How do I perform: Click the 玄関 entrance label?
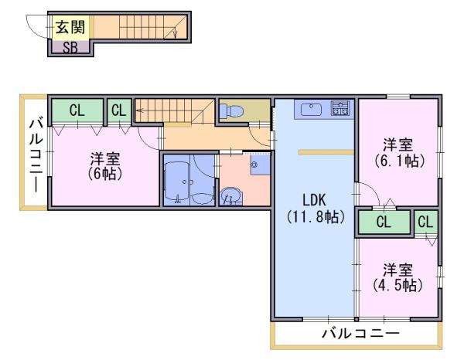point(70,27)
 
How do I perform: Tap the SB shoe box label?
point(70,47)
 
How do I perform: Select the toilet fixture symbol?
point(232,110)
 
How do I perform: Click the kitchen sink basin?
point(312,110)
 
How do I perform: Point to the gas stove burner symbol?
point(340,108)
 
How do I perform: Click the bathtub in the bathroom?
point(176,180)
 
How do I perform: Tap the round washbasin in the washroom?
point(231,196)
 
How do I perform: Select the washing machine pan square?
point(261,165)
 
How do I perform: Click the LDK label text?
point(314,200)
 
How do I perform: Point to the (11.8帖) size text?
point(316,218)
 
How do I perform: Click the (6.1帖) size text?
point(398,161)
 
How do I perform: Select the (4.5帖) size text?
point(398,286)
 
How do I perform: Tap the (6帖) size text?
point(104,174)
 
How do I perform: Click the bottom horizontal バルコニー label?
point(360,334)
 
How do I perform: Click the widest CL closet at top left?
point(77,110)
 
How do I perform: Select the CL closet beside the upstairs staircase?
point(119,110)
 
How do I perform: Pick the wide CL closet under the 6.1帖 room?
point(384,222)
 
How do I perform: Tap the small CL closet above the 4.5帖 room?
point(425,222)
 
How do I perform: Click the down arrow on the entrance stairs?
point(176,32)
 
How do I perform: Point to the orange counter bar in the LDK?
point(326,152)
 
